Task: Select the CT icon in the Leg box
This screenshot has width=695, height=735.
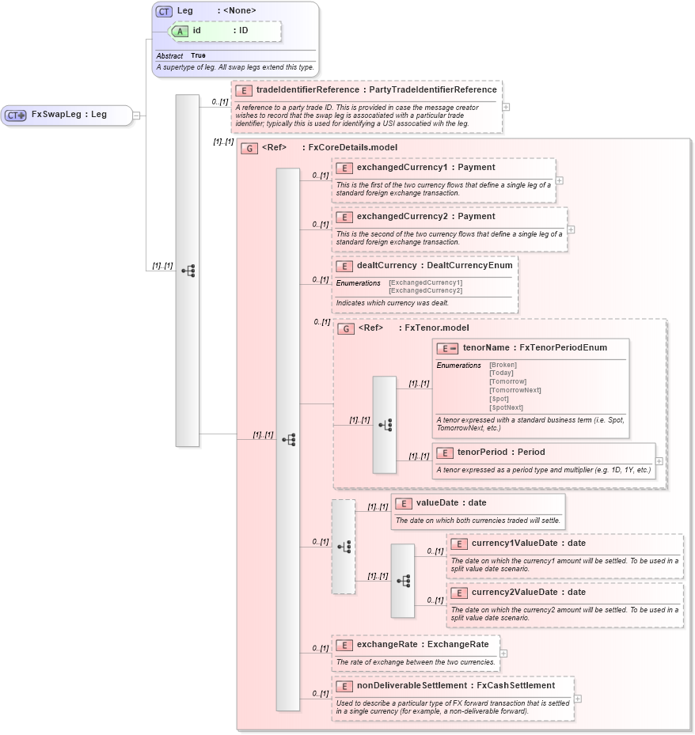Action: click(x=164, y=11)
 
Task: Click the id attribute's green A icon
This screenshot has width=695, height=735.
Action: click(x=180, y=31)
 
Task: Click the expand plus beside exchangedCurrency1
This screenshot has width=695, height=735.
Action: click(x=560, y=180)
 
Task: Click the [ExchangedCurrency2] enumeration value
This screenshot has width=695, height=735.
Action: click(x=425, y=290)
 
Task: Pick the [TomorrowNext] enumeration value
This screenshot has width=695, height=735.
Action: click(x=515, y=390)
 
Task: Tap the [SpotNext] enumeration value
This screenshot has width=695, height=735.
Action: click(x=506, y=407)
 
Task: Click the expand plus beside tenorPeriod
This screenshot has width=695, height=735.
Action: click(x=659, y=461)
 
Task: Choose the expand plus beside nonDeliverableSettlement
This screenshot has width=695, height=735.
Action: click(x=578, y=699)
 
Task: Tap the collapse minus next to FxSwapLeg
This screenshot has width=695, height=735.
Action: click(x=137, y=116)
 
